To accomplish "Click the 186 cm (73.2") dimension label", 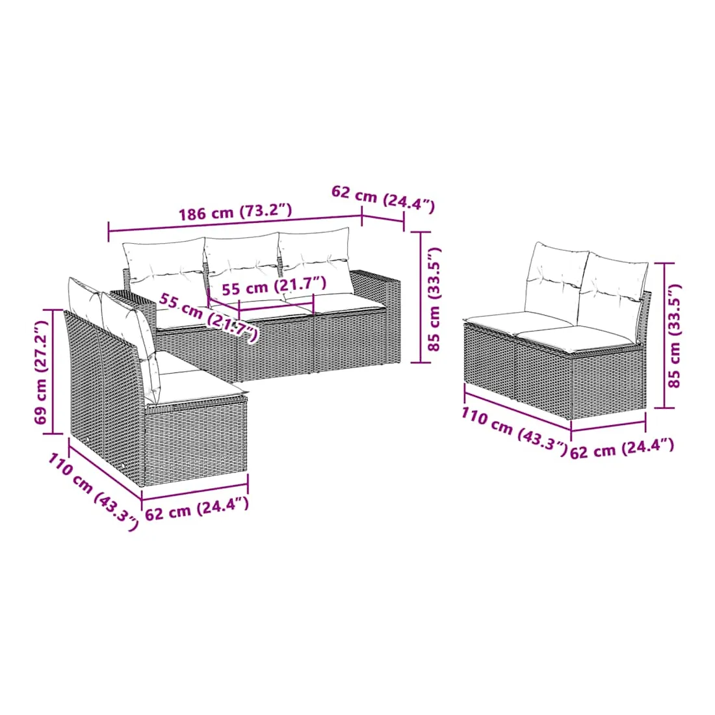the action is pos(235,213).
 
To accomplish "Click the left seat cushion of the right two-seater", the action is pos(520,320).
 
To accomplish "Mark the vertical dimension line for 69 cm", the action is pos(54,372).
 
